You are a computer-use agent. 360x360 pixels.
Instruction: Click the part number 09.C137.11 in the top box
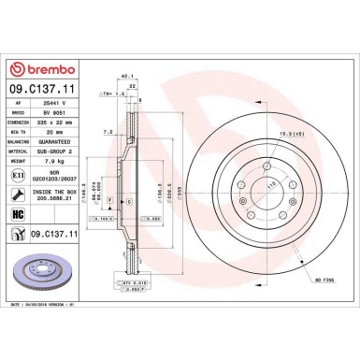point(43,90)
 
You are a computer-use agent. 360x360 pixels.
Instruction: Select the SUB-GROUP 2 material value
point(61,151)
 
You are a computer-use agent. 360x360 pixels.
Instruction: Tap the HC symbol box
point(19,214)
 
